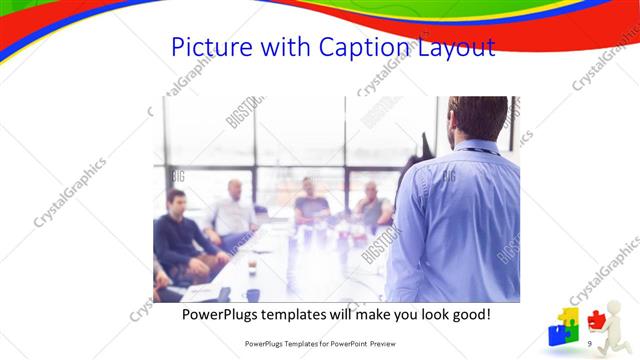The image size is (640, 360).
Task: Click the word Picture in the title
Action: coord(208,47)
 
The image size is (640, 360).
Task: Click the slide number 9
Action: coord(590,343)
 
